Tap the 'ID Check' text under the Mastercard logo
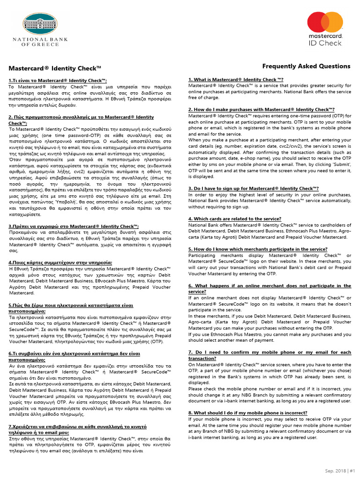coord(325,43)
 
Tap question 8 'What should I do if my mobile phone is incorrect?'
coord(248,412)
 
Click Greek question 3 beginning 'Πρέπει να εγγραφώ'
coord(74,226)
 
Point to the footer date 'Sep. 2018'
coord(336,471)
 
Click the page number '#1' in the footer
coord(352,471)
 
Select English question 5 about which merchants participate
coord(258,249)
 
